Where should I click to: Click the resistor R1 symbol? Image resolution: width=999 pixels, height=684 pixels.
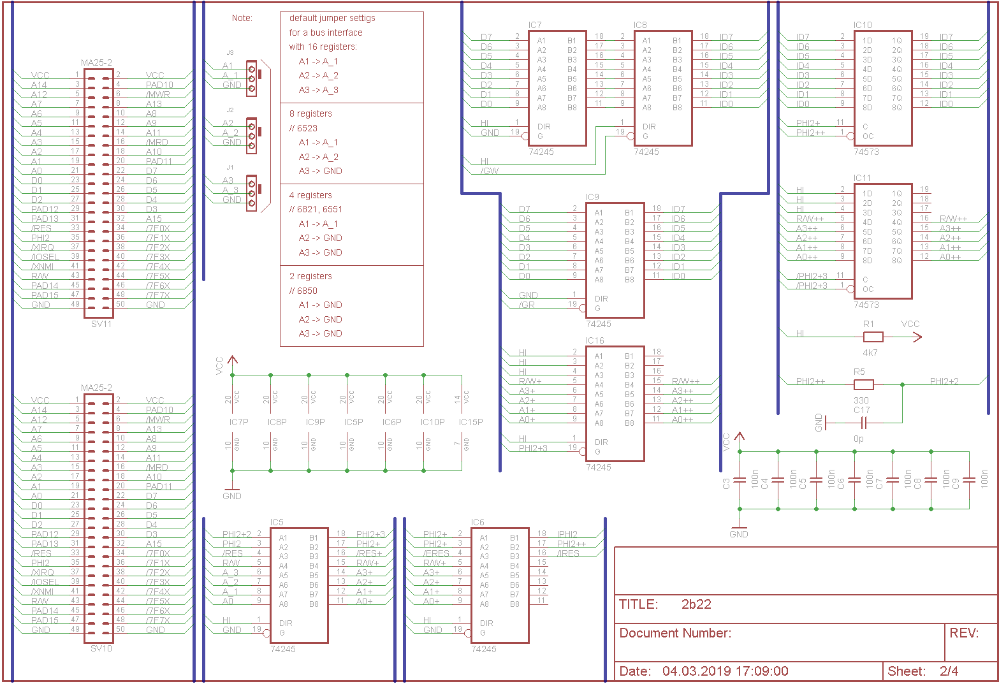coord(873,337)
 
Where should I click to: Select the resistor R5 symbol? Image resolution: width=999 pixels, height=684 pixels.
coord(863,384)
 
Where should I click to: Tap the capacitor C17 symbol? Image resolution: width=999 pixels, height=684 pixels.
coord(864,423)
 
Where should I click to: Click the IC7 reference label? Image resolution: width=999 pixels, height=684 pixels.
coord(535,25)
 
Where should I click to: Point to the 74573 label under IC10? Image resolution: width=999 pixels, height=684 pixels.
coord(866,152)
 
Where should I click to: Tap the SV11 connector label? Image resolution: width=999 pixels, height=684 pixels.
coord(101,324)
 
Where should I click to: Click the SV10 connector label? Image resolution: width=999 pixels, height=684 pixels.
coord(101,649)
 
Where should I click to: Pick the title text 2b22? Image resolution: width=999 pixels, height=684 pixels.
coord(696,604)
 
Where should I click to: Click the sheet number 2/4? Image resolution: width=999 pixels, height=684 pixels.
coord(949,671)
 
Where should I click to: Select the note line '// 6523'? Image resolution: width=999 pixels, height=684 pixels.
coord(303,128)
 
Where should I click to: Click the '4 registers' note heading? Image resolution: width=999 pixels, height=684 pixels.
coord(310,195)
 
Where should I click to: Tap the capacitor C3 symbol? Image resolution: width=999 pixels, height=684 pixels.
coord(740,481)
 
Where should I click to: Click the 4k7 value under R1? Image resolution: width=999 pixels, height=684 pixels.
coord(870,353)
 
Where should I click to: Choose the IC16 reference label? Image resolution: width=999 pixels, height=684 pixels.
coord(595,341)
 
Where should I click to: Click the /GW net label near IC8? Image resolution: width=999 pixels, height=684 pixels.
coord(490,171)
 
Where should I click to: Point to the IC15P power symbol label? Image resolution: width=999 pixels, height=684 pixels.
coord(470,422)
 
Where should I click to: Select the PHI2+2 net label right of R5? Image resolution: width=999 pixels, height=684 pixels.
coord(944,381)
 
